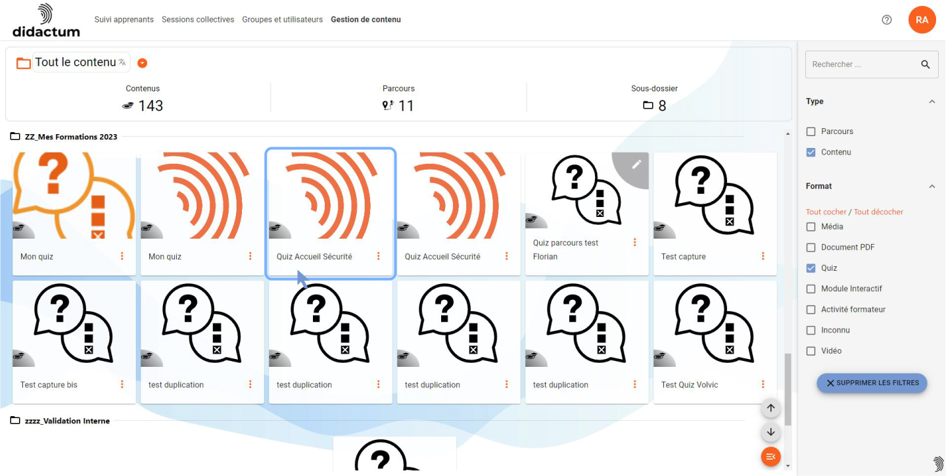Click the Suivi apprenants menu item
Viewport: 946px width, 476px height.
[x=124, y=20]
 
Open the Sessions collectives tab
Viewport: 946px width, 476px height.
[x=198, y=20]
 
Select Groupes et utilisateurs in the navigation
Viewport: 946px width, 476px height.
[x=282, y=20]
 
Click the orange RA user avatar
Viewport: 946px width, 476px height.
[x=922, y=20]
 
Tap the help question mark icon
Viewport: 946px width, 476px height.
[x=886, y=20]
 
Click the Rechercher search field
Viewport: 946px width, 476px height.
[x=864, y=64]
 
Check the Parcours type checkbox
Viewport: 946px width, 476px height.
[x=811, y=131]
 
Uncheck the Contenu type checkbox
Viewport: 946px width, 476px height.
[x=811, y=152]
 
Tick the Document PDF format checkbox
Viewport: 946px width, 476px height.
[x=811, y=247]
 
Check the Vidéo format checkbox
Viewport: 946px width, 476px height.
[x=811, y=351]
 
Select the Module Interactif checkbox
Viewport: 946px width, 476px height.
[x=811, y=289]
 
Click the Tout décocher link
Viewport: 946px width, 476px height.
[x=878, y=212]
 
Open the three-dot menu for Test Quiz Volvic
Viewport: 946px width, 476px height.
[x=763, y=384]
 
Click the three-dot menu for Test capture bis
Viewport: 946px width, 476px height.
[x=122, y=384]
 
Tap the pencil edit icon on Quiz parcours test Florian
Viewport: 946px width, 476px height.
[x=636, y=164]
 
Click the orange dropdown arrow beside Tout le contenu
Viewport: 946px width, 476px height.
[x=142, y=63]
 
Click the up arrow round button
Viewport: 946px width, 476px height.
[x=770, y=408]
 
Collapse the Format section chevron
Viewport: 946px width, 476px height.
[x=932, y=186]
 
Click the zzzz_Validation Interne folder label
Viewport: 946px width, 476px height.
[x=67, y=421]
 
